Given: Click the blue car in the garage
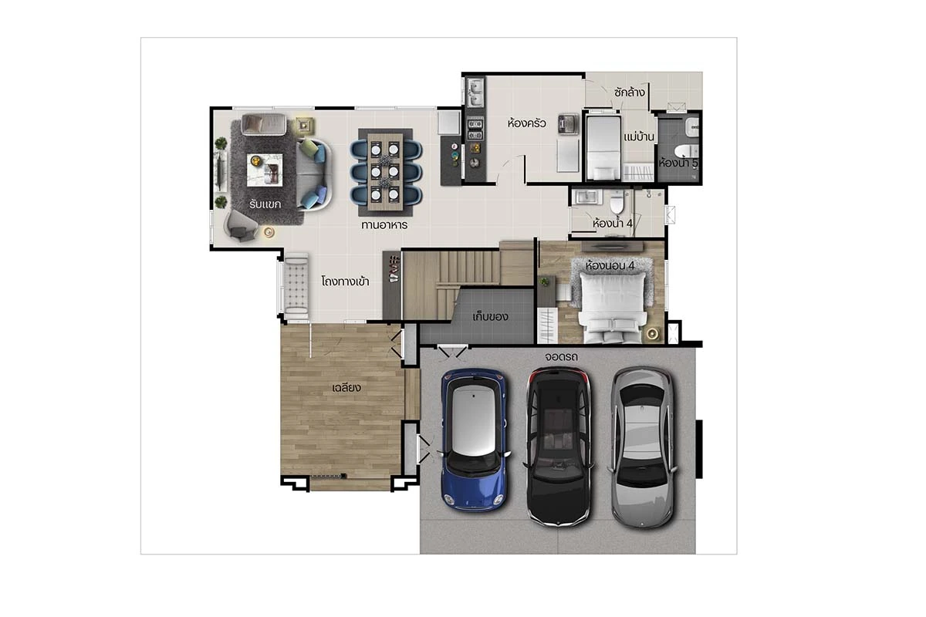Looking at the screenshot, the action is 474,440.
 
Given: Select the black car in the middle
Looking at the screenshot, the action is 559,447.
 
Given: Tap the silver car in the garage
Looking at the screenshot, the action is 643,447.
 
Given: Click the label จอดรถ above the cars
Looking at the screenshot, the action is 561,356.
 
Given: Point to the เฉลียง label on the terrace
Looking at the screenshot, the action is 346,388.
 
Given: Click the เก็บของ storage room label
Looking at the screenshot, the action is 490,317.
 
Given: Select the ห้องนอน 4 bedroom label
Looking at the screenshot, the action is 610,265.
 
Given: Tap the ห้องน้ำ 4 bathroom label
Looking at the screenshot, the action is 612,223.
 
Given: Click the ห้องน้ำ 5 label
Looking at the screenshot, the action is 678,163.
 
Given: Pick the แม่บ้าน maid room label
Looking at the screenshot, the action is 639,137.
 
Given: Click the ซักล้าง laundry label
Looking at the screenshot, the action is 629,92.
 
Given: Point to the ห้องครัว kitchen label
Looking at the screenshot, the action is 526,123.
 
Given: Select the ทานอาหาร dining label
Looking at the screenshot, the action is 384,225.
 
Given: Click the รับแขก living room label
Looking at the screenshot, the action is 265,204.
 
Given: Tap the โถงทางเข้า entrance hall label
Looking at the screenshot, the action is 345,282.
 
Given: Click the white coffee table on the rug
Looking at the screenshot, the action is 265,170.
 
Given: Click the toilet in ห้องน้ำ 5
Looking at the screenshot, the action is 686,151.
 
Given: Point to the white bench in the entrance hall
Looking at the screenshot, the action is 296,285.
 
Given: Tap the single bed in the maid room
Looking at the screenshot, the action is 603,148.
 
